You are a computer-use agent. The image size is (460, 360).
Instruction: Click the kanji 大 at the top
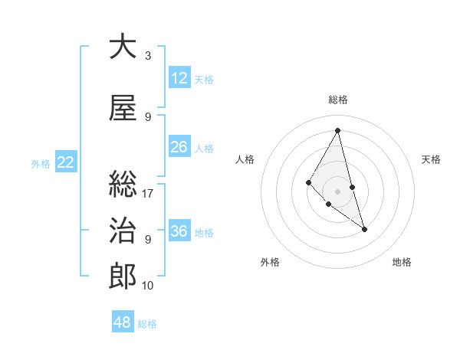click(x=123, y=47)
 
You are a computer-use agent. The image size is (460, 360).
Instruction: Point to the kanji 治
click(x=123, y=231)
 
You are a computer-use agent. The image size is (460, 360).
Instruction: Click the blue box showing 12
click(x=179, y=78)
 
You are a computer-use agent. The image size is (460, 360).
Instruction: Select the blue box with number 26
click(x=179, y=147)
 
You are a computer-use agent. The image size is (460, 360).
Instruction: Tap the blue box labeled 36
click(x=179, y=231)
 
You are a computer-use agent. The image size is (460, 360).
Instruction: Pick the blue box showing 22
click(x=66, y=162)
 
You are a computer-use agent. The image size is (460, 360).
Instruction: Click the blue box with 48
click(x=123, y=322)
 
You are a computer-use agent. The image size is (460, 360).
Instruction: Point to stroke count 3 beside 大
click(x=148, y=56)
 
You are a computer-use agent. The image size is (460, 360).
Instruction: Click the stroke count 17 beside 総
click(x=148, y=194)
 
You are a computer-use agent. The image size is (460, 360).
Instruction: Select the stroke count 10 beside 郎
click(x=148, y=286)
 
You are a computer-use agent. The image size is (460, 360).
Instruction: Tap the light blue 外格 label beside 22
click(x=41, y=163)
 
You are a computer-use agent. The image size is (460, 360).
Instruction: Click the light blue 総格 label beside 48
click(x=147, y=324)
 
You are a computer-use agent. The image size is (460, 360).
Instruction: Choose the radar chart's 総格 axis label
click(x=338, y=100)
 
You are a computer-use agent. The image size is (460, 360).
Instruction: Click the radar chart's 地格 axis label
click(x=402, y=262)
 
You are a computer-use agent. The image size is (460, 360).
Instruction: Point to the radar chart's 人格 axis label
click(x=245, y=159)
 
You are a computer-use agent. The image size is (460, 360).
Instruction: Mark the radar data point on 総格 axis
click(x=337, y=129)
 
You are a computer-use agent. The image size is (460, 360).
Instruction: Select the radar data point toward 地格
click(x=364, y=229)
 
